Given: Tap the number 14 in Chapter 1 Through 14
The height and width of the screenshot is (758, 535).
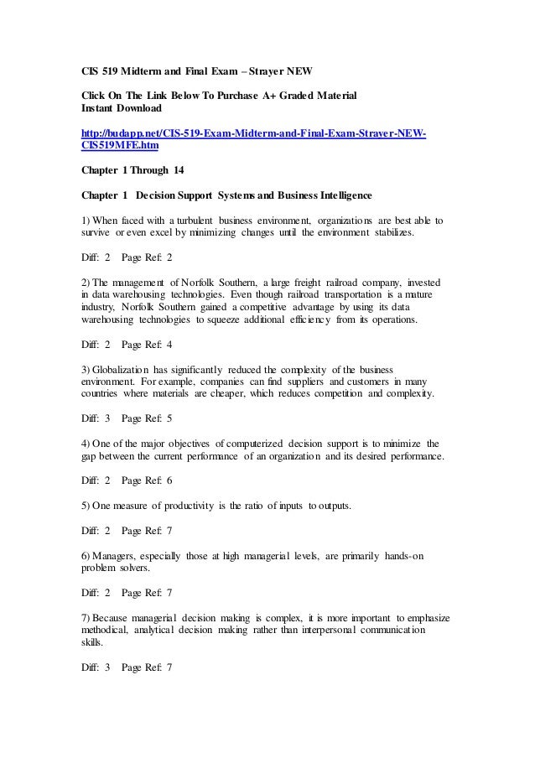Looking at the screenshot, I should click(x=177, y=171).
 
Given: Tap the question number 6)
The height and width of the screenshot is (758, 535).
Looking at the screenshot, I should click(x=75, y=554).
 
